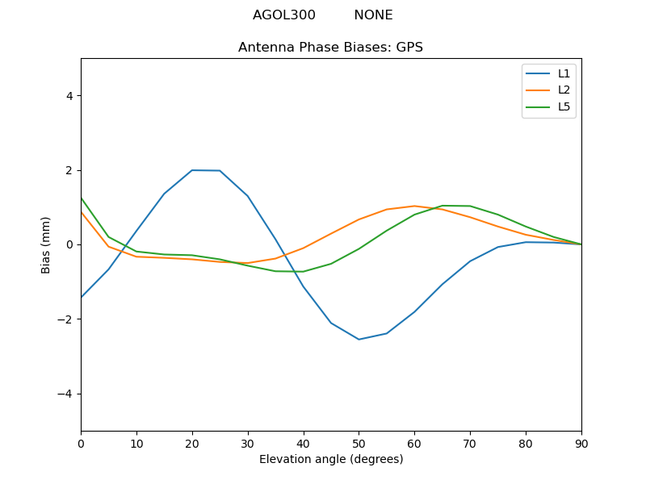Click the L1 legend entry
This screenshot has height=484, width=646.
tap(564, 73)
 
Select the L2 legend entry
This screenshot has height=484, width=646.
tap(564, 90)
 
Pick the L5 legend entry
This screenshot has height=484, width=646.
tap(564, 107)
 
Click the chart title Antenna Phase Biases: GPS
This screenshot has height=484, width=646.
tap(330, 48)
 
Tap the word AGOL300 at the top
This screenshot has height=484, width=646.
tap(284, 15)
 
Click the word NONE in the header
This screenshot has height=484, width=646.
tap(373, 15)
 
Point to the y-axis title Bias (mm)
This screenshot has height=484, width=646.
tap(46, 244)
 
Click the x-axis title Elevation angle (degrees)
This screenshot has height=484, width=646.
tap(331, 460)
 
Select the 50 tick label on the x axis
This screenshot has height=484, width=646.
tap(359, 443)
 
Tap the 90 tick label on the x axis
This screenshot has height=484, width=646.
tap(581, 443)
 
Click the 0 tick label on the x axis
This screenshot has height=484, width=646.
tap(81, 443)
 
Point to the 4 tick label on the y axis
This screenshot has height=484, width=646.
tap(69, 96)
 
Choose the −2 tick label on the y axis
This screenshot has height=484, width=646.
tap(65, 319)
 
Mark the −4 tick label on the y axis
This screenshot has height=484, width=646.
tap(65, 394)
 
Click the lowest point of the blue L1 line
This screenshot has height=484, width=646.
tap(359, 340)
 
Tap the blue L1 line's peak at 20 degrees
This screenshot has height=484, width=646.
tap(192, 170)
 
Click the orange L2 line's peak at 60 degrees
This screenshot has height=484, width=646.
tap(414, 206)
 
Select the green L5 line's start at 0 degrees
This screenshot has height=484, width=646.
tap(82, 198)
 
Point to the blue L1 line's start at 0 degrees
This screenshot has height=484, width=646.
tap(82, 297)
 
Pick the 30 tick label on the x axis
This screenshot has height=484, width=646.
tap(248, 443)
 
